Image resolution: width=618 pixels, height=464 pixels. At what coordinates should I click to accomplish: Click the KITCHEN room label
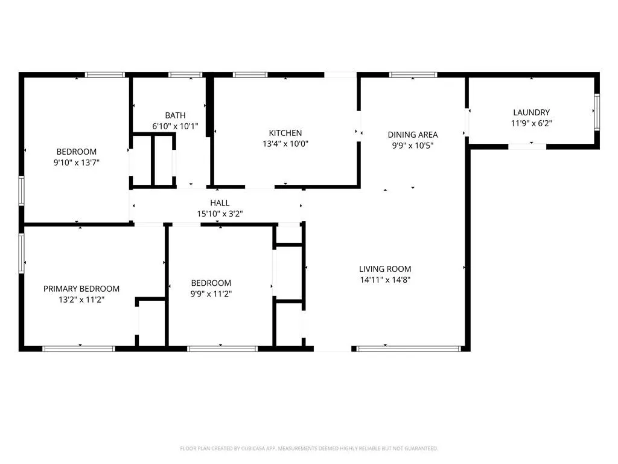285,133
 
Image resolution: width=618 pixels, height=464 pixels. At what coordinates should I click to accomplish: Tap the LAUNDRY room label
531,112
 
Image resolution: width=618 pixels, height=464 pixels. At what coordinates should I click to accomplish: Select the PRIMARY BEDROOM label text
81,289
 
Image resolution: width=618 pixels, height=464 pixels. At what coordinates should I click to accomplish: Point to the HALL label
220,203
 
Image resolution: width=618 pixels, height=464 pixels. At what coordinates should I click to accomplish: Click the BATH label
175,115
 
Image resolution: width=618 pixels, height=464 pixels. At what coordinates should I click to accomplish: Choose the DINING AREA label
413,135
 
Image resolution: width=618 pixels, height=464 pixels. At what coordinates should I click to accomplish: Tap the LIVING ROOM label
385,269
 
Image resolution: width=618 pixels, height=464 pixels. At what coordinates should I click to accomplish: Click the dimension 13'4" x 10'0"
285,144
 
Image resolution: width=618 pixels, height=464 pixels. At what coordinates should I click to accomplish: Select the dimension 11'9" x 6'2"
531,123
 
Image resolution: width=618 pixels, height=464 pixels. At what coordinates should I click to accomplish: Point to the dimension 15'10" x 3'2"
220,214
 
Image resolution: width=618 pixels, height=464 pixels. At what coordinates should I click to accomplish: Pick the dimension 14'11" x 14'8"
385,280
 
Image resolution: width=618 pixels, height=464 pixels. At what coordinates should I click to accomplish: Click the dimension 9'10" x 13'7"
77,162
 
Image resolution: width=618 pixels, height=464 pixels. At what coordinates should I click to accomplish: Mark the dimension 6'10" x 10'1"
175,126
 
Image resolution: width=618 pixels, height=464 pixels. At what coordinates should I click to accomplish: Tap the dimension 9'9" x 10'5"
413,146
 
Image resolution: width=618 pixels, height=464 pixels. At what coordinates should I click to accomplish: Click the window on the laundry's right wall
597,112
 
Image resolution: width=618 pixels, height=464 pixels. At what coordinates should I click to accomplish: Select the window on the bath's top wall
185,74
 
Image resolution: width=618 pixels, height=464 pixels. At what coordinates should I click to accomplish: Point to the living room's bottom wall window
409,349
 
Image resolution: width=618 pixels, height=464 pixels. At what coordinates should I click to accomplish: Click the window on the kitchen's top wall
250,74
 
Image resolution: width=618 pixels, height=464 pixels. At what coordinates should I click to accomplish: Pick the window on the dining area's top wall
413,74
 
